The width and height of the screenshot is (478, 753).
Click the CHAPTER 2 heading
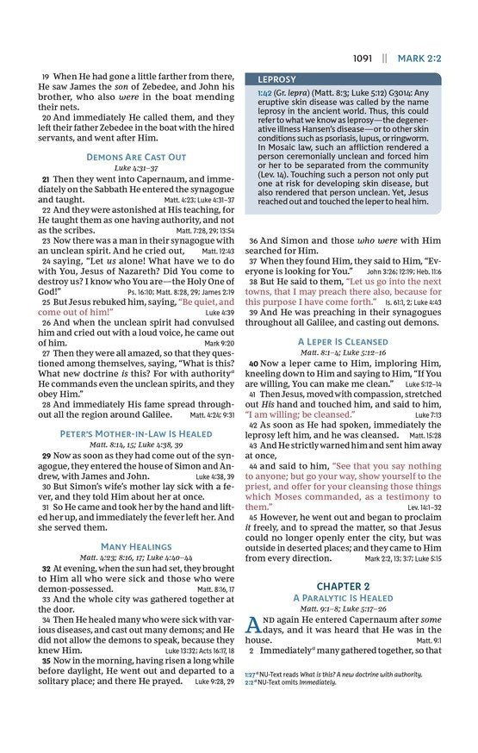point(342,586)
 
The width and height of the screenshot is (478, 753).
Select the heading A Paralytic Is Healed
point(342,598)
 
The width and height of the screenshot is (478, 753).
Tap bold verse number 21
point(46,177)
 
